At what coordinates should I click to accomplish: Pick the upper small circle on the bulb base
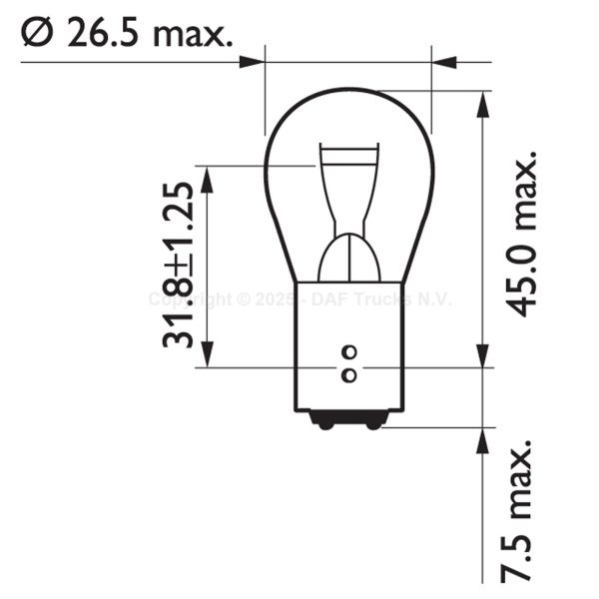(x=348, y=351)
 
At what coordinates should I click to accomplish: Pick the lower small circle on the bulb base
(x=348, y=375)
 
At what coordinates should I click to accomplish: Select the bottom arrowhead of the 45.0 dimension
(x=484, y=357)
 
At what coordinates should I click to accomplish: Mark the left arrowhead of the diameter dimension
(x=252, y=62)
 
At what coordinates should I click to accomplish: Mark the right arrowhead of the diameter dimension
(x=445, y=62)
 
